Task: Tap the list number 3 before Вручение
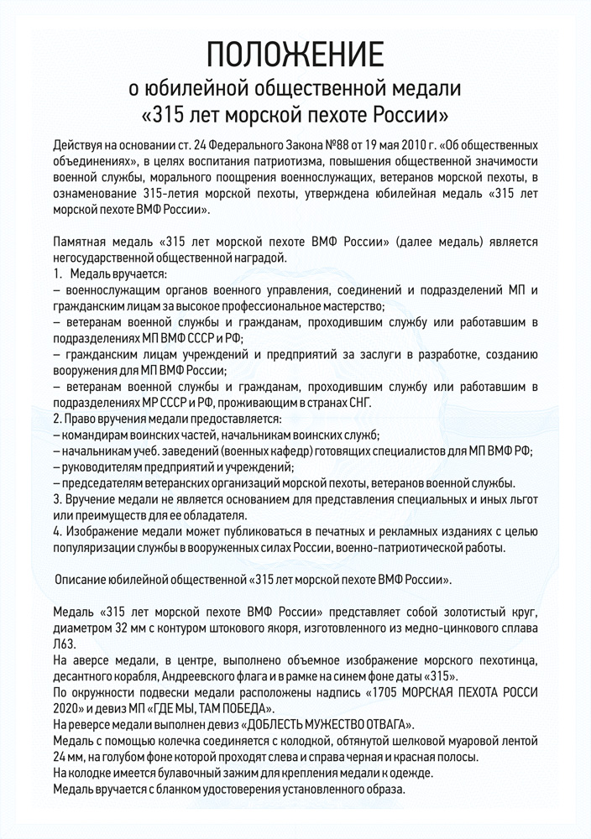click(55, 498)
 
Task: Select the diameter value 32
click(124, 627)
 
